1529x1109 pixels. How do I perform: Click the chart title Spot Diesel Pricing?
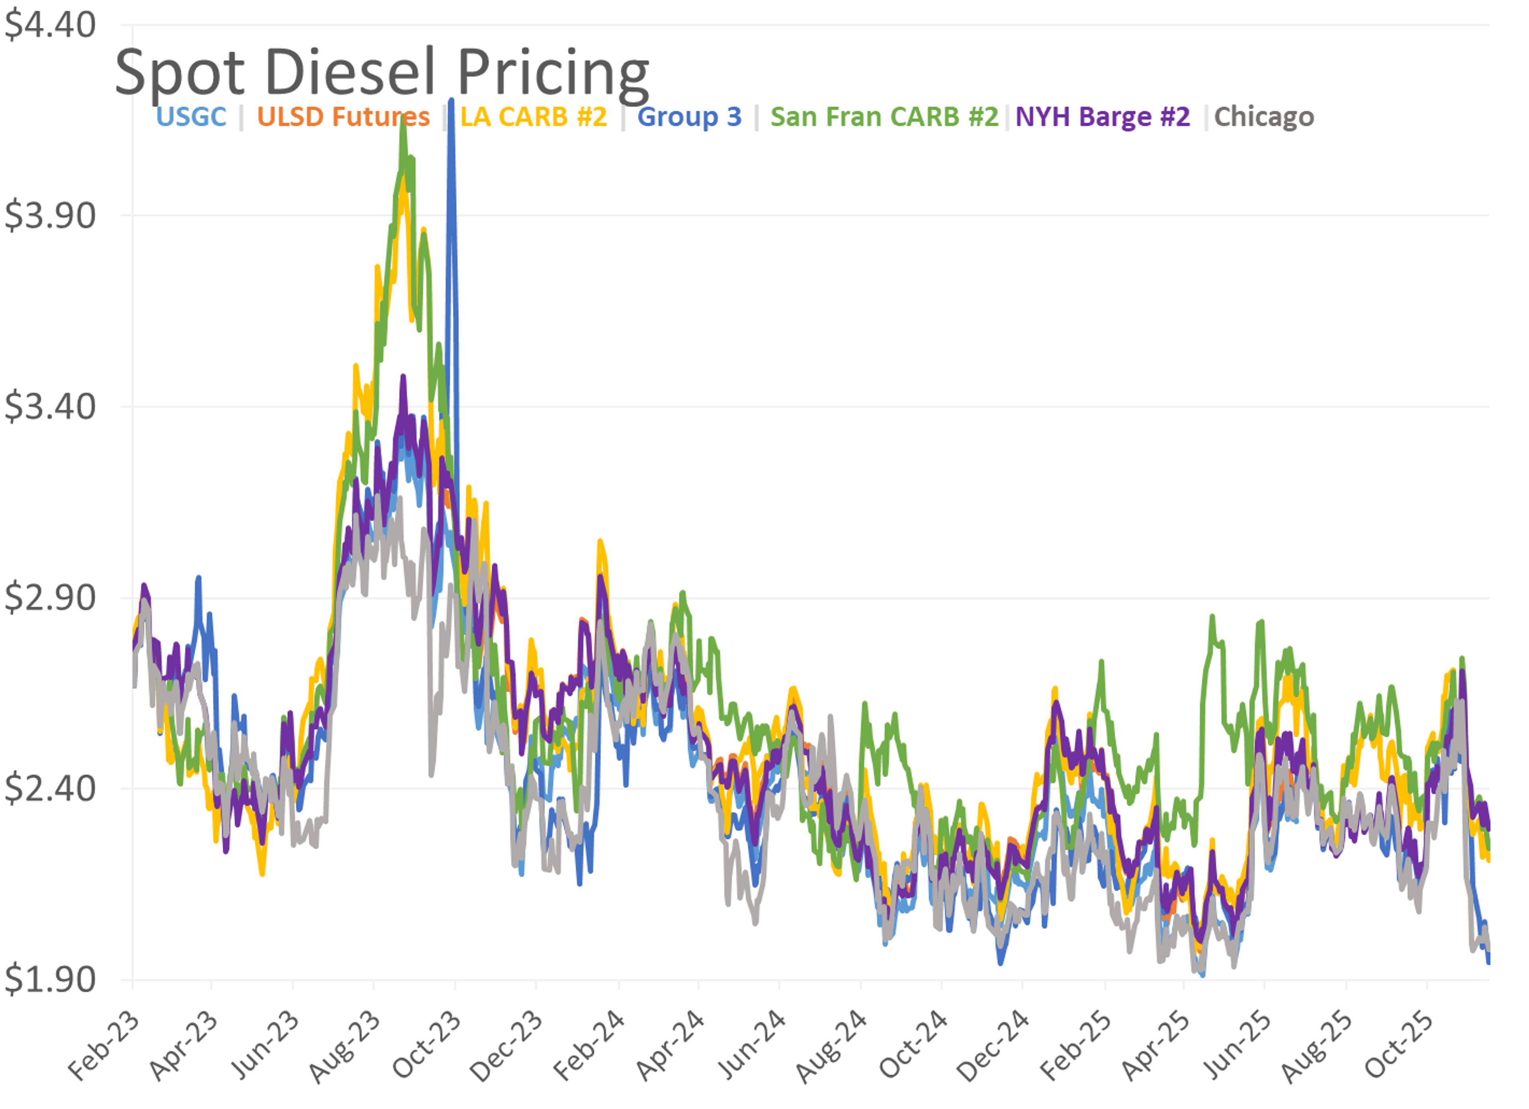[381, 73]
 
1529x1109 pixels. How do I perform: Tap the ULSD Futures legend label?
[343, 117]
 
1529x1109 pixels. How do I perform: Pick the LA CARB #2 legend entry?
[533, 117]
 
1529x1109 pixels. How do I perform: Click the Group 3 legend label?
[689, 117]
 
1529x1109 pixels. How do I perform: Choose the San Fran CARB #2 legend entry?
[884, 117]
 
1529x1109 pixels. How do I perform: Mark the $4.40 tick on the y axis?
[50, 25]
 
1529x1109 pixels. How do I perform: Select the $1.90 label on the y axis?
[50, 980]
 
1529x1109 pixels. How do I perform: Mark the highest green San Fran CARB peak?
[403, 116]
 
